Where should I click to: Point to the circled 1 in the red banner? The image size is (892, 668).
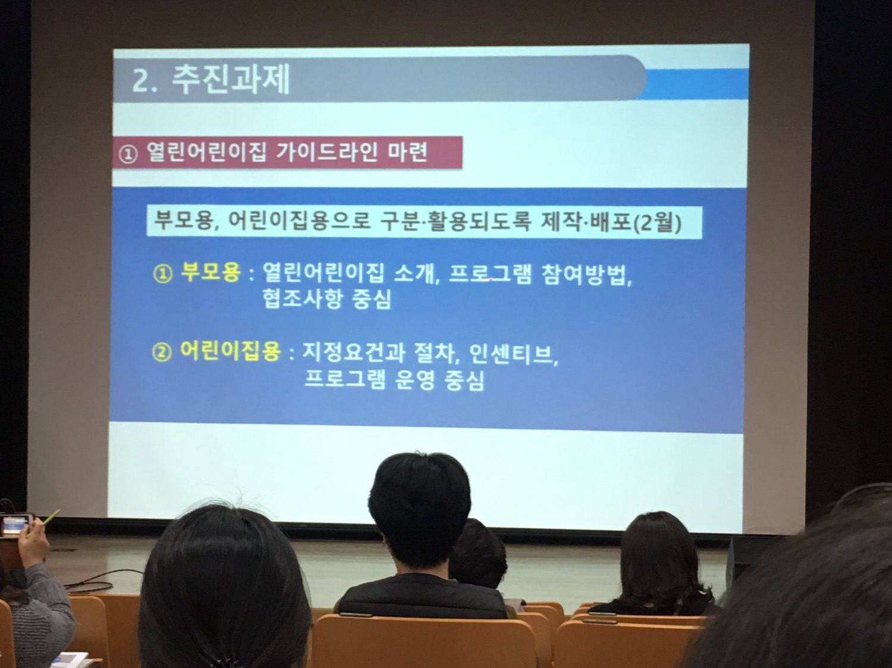tap(128, 155)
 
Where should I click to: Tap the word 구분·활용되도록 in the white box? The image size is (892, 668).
tap(455, 222)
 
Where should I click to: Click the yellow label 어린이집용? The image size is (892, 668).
tap(230, 351)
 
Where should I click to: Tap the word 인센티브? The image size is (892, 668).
tap(511, 355)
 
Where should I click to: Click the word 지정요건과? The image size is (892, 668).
tap(353, 353)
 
